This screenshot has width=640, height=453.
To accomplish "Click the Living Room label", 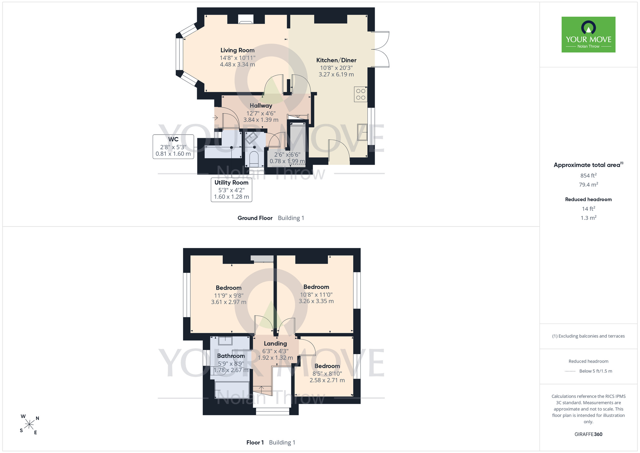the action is click(x=237, y=50).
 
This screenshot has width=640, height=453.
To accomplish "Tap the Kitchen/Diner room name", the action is click(x=336, y=60).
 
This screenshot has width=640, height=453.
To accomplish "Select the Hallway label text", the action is click(x=261, y=106).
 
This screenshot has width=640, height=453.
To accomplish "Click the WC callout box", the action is click(x=173, y=147).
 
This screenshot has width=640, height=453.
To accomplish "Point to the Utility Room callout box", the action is click(x=231, y=190).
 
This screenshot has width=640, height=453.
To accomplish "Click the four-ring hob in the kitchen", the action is click(x=361, y=94).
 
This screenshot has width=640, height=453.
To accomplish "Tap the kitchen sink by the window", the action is click(x=362, y=132).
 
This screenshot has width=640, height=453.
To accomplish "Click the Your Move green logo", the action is click(x=588, y=35).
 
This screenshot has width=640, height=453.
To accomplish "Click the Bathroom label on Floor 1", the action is click(x=231, y=356).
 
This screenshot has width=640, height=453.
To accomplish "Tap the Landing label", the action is click(x=275, y=344).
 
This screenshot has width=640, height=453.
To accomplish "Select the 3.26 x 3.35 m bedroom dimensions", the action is click(x=316, y=301).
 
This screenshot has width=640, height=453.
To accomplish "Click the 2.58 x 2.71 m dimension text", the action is click(x=327, y=380).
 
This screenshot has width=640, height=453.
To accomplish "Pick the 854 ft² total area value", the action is click(x=588, y=176).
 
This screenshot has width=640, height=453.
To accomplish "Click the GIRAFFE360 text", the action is click(x=588, y=434).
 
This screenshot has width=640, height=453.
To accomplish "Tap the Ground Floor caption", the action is click(x=255, y=218).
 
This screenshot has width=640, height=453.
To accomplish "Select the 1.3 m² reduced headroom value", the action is click(x=588, y=218).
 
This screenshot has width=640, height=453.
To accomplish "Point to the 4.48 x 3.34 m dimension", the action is click(x=237, y=64).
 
